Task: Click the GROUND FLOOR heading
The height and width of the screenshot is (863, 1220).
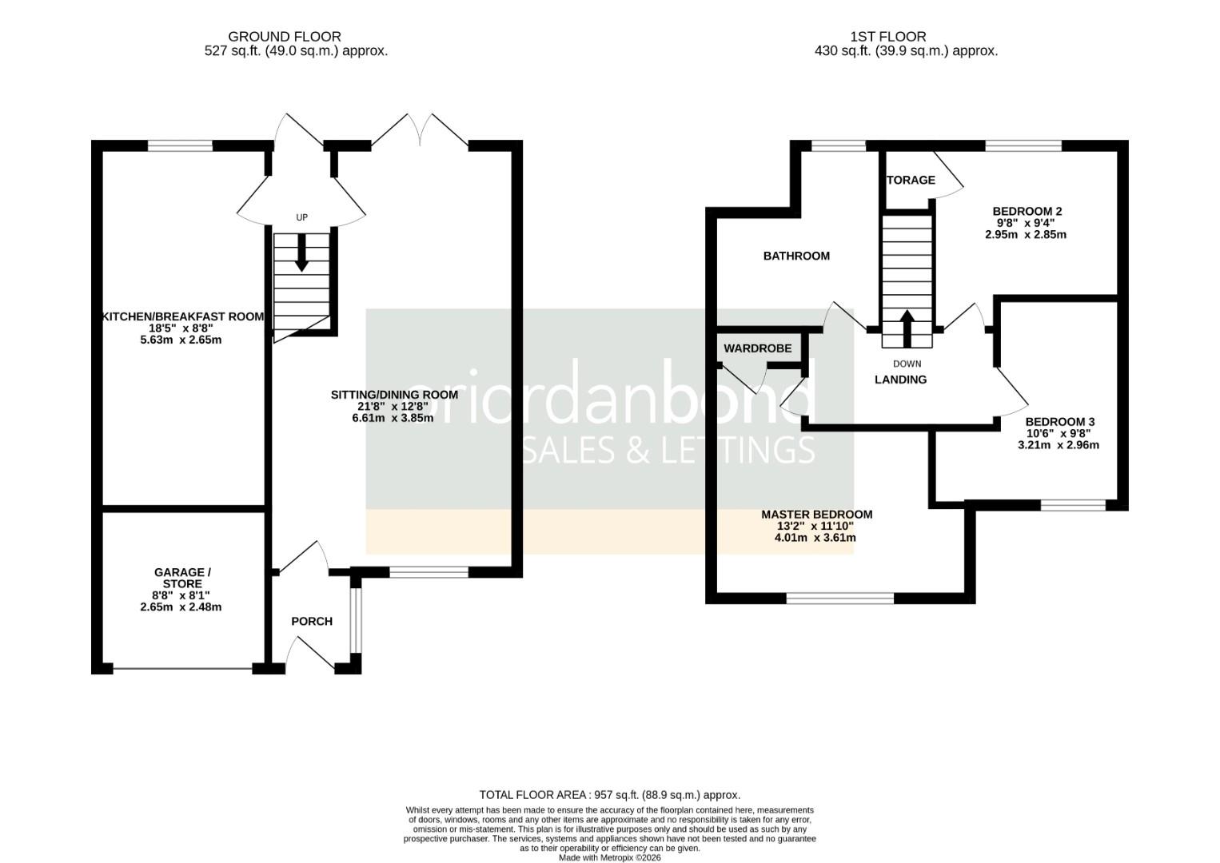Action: (285, 37)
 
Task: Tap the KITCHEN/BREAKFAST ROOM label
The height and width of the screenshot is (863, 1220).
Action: (182, 316)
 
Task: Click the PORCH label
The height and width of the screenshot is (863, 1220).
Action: (311, 621)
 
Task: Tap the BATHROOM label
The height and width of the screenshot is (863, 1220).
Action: (796, 256)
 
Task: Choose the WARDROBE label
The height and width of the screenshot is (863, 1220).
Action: (757, 348)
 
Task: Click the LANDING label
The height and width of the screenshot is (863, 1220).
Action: (900, 380)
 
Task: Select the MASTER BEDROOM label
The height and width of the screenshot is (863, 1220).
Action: (816, 515)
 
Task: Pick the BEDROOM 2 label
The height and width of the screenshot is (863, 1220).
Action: (1027, 212)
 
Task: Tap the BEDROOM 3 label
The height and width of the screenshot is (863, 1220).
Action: (1059, 422)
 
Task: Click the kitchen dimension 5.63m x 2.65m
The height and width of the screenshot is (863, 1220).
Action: (181, 340)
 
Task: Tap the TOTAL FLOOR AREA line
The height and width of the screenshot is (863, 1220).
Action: (609, 794)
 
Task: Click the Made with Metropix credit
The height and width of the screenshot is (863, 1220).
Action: (609, 857)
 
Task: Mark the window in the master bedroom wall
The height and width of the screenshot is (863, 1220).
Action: (839, 598)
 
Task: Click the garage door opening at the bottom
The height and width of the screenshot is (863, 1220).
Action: (182, 668)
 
